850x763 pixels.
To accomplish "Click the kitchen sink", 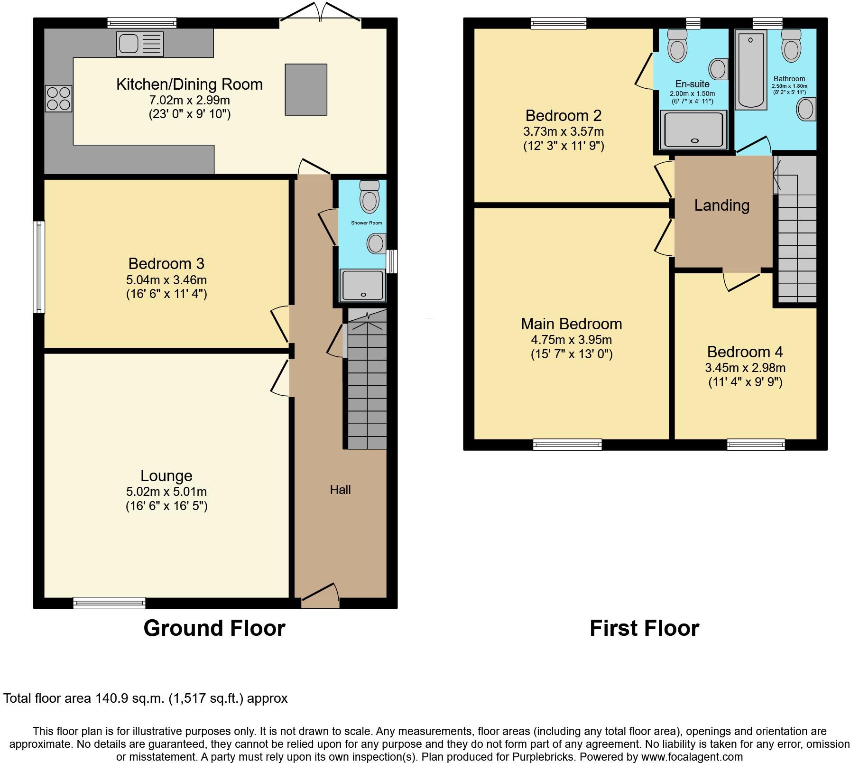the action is coord(140,44).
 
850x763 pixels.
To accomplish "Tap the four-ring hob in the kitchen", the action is coord(58,98).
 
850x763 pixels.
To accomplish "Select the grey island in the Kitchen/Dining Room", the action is coord(306,90).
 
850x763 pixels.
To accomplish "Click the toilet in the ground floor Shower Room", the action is coord(370,196).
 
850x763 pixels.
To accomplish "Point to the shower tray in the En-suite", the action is coord(694,129).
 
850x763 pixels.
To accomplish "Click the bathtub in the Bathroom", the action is coord(751,70).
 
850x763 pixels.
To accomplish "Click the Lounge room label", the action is coord(166,475).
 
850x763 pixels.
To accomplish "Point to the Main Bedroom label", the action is coord(572,324).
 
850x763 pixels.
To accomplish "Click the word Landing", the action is coord(722,205).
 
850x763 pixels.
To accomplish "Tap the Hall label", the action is coord(341,490).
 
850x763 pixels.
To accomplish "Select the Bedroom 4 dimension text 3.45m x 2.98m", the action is coord(745,368).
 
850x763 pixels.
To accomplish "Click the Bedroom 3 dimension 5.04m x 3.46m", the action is coord(166,280).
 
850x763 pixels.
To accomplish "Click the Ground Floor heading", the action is coord(214,628).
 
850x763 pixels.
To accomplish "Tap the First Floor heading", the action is coord(645,628).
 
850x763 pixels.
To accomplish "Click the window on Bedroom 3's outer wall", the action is coord(39,267).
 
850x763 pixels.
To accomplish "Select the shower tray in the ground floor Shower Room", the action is coord(363,286).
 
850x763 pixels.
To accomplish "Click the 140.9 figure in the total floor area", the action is coord(112,698).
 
